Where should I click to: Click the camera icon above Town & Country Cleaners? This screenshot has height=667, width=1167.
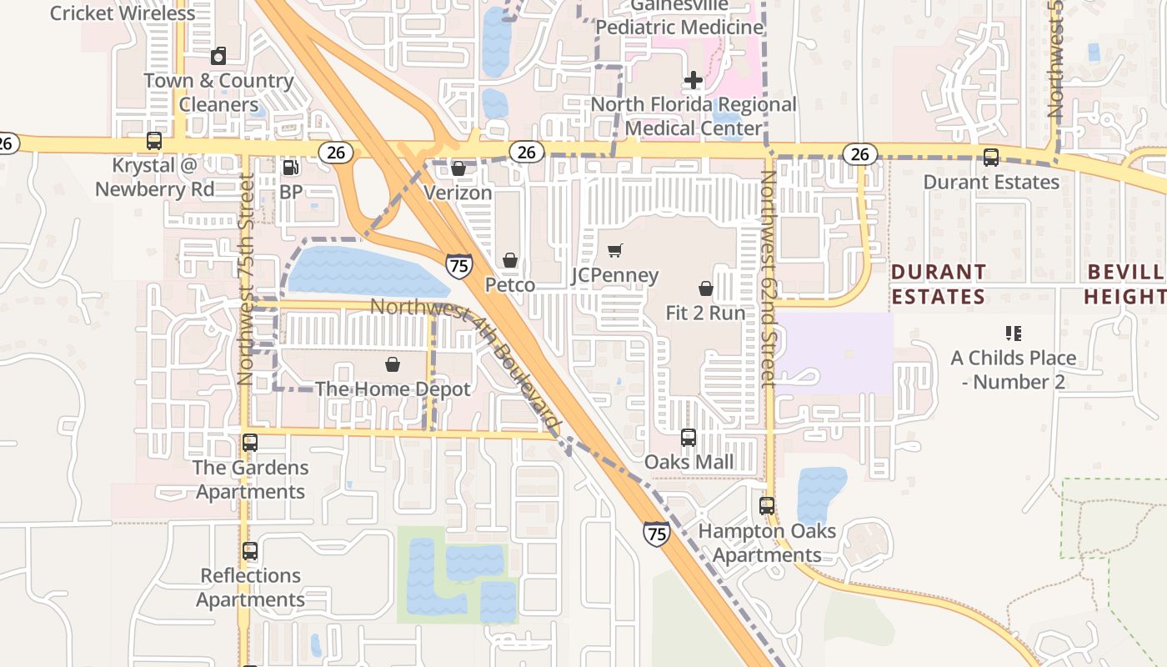pyautogui.click(x=218, y=56)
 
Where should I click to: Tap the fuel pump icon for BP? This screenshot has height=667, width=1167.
pyautogui.click(x=291, y=168)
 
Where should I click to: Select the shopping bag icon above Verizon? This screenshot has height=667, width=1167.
pyautogui.click(x=458, y=168)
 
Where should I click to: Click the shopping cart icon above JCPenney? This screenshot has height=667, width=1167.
pyautogui.click(x=615, y=250)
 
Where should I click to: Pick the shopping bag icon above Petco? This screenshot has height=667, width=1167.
pyautogui.click(x=510, y=261)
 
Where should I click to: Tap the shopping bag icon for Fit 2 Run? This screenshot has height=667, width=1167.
pyautogui.click(x=706, y=288)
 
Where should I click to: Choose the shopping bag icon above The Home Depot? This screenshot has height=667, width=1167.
pyautogui.click(x=393, y=364)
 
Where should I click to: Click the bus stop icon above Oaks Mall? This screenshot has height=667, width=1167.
pyautogui.click(x=689, y=437)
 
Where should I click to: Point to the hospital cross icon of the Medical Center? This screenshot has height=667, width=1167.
pyautogui.click(x=693, y=80)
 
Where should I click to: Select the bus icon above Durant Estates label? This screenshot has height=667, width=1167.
pyautogui.click(x=991, y=157)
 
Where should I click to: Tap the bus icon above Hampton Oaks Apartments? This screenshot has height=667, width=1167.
pyautogui.click(x=767, y=505)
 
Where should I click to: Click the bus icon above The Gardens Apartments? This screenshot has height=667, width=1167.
pyautogui.click(x=250, y=443)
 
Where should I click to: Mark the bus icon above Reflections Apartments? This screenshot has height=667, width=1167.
pyautogui.click(x=250, y=551)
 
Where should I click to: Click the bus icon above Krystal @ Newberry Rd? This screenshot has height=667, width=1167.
pyautogui.click(x=154, y=141)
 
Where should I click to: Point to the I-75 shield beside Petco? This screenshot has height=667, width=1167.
pyautogui.click(x=458, y=266)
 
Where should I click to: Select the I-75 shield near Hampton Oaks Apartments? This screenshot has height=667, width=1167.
pyautogui.click(x=656, y=534)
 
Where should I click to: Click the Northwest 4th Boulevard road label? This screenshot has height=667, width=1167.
pyautogui.click(x=463, y=364)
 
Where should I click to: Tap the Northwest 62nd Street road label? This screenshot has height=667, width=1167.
pyautogui.click(x=768, y=279)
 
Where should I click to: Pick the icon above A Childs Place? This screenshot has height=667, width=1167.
pyautogui.click(x=1014, y=333)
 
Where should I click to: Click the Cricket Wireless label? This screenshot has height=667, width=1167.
pyautogui.click(x=123, y=13)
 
